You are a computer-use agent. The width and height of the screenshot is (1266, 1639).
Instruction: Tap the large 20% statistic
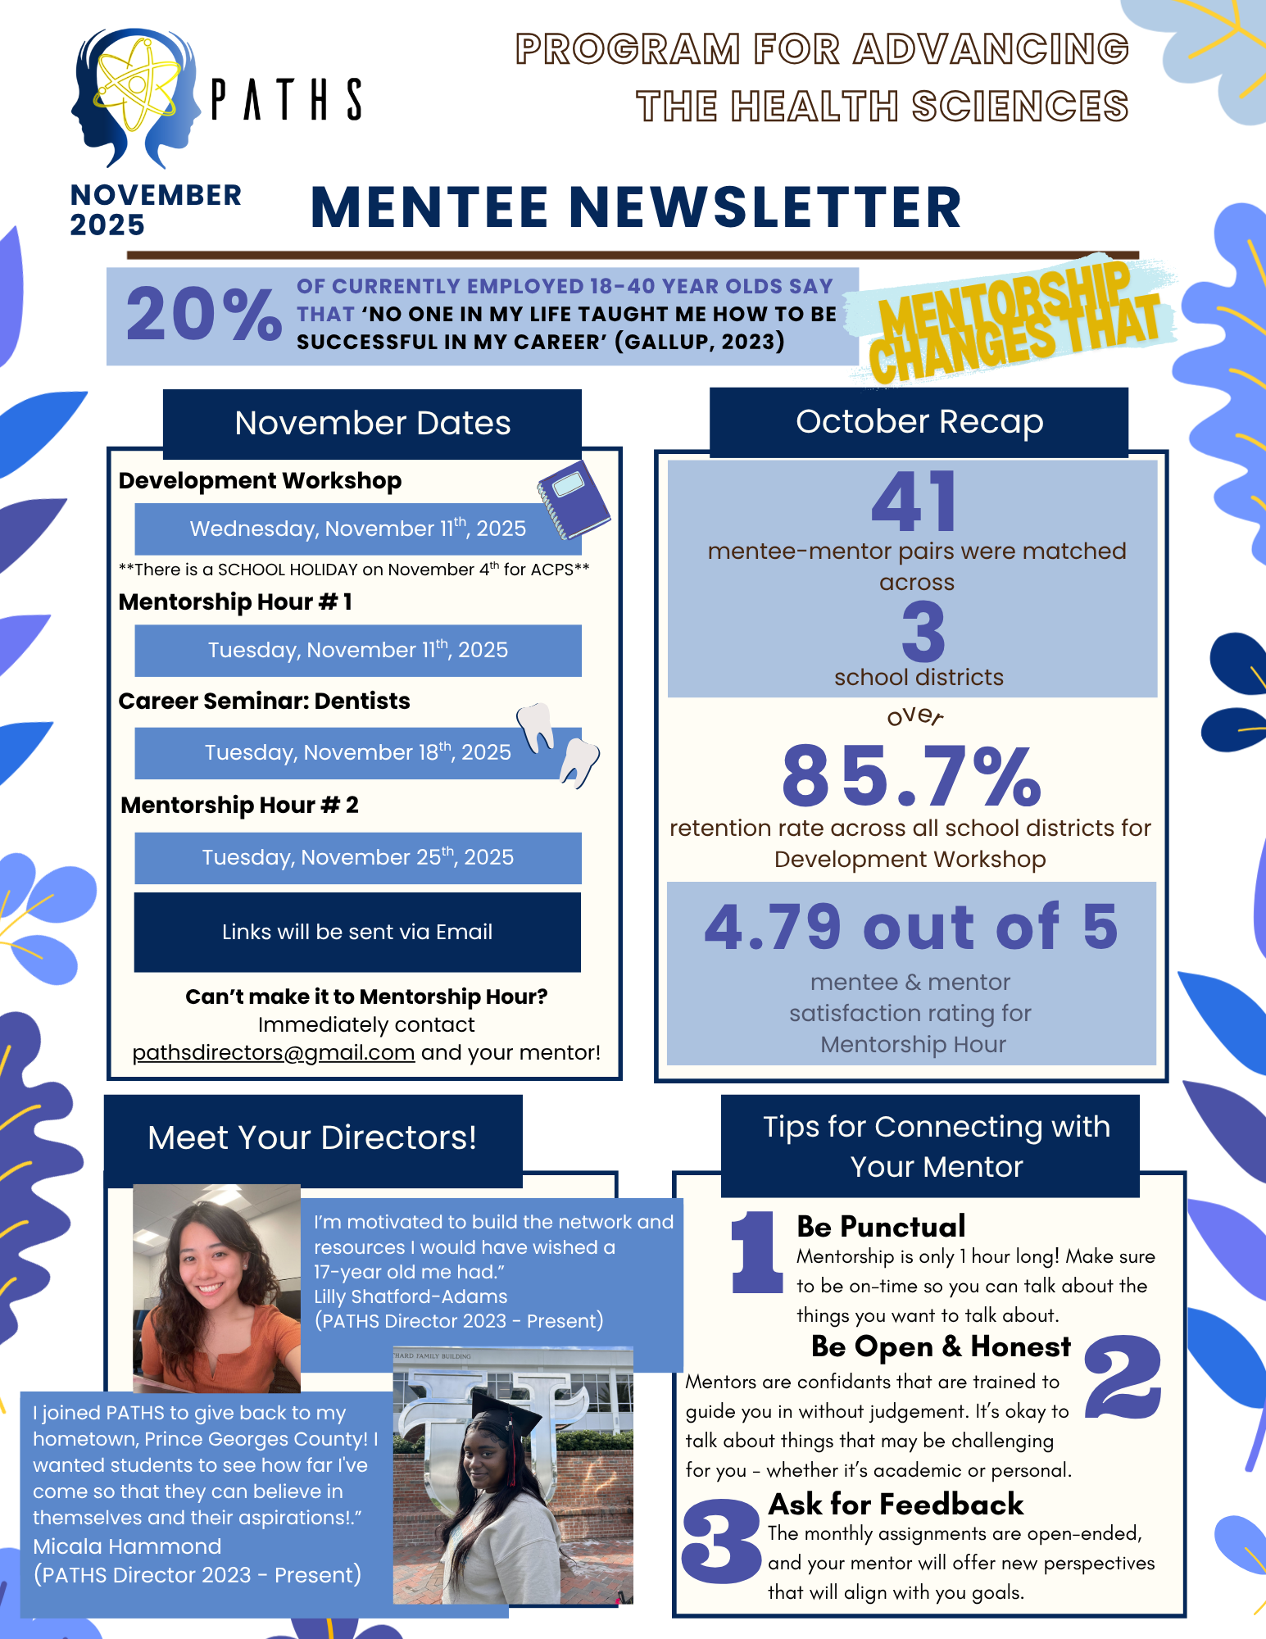click(203, 316)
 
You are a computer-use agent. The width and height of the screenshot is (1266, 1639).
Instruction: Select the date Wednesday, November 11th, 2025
click(357, 529)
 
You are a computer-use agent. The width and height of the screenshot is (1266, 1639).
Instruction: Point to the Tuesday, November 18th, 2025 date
click(357, 752)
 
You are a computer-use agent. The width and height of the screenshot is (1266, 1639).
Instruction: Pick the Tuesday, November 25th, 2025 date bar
click(357, 857)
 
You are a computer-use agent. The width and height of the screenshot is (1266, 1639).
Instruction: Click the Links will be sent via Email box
click(357, 932)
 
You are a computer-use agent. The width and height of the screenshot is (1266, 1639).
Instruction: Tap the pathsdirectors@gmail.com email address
click(274, 1052)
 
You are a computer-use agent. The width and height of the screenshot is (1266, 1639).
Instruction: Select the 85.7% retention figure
click(911, 776)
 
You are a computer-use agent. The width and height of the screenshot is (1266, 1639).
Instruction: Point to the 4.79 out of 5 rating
click(911, 927)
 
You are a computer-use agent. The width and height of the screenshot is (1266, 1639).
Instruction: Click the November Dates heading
click(372, 424)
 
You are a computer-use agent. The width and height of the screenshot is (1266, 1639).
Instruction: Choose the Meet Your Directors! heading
click(312, 1138)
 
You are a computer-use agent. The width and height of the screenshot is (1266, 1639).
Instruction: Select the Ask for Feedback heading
click(896, 1505)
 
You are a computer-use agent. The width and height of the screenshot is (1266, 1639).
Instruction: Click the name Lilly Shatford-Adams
click(411, 1296)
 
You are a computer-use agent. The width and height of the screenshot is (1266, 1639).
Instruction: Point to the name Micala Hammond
click(127, 1546)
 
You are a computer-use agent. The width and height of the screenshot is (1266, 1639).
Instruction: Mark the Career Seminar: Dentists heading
click(264, 701)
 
